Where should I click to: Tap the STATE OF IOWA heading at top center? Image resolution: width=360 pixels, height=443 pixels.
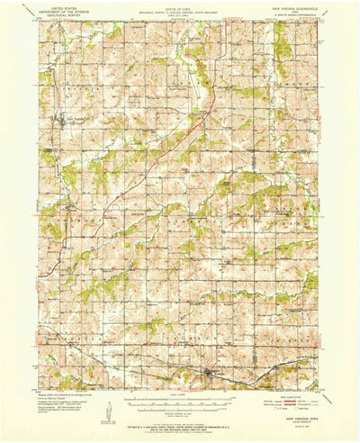[179, 7]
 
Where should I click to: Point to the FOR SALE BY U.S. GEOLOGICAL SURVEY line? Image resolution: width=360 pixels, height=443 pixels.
[179, 421]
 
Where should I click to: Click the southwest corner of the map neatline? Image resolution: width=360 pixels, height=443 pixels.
[39, 388]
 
